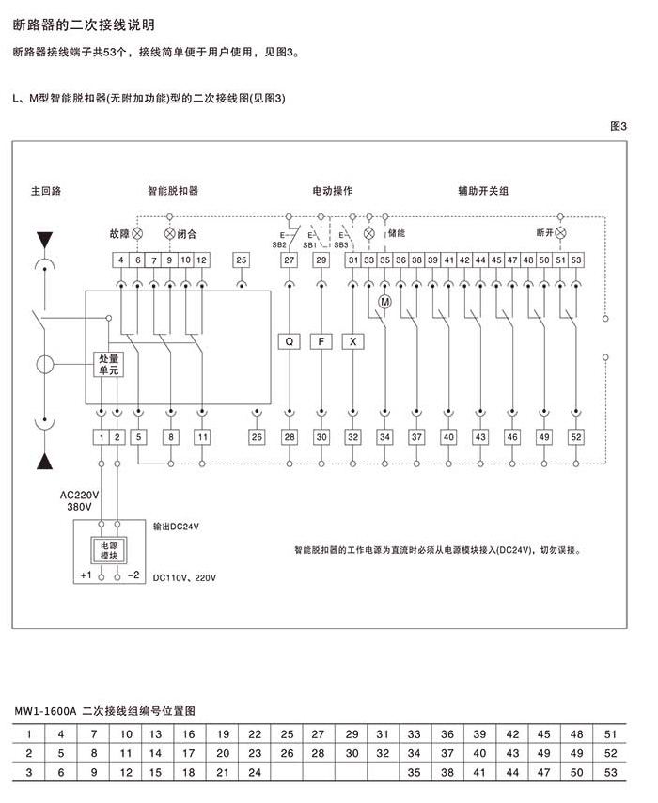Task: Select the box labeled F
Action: [x=321, y=341]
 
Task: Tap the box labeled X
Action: [x=352, y=341]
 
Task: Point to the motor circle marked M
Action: [x=384, y=302]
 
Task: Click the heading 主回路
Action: [x=46, y=191]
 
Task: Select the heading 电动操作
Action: [x=332, y=191]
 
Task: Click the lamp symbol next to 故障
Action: [x=137, y=232]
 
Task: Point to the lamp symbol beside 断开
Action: [x=561, y=232]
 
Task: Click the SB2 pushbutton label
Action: [x=279, y=244]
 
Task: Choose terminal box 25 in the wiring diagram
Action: [x=242, y=260]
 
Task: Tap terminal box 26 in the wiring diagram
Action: [x=257, y=437]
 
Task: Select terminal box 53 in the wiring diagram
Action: [x=576, y=260]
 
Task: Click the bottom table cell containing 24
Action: [x=255, y=772]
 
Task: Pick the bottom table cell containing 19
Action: [x=223, y=733]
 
